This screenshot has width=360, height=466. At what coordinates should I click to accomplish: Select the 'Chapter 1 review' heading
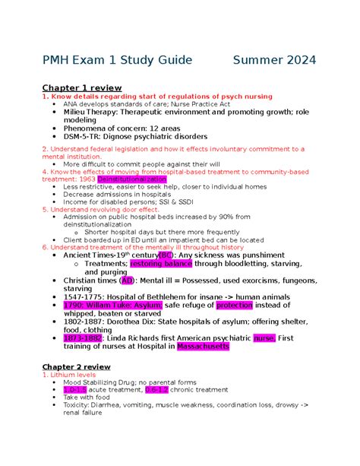point(82,87)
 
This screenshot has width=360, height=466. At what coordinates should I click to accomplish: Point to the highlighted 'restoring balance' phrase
point(162,263)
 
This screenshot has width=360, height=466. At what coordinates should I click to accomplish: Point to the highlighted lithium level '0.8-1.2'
point(159,389)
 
